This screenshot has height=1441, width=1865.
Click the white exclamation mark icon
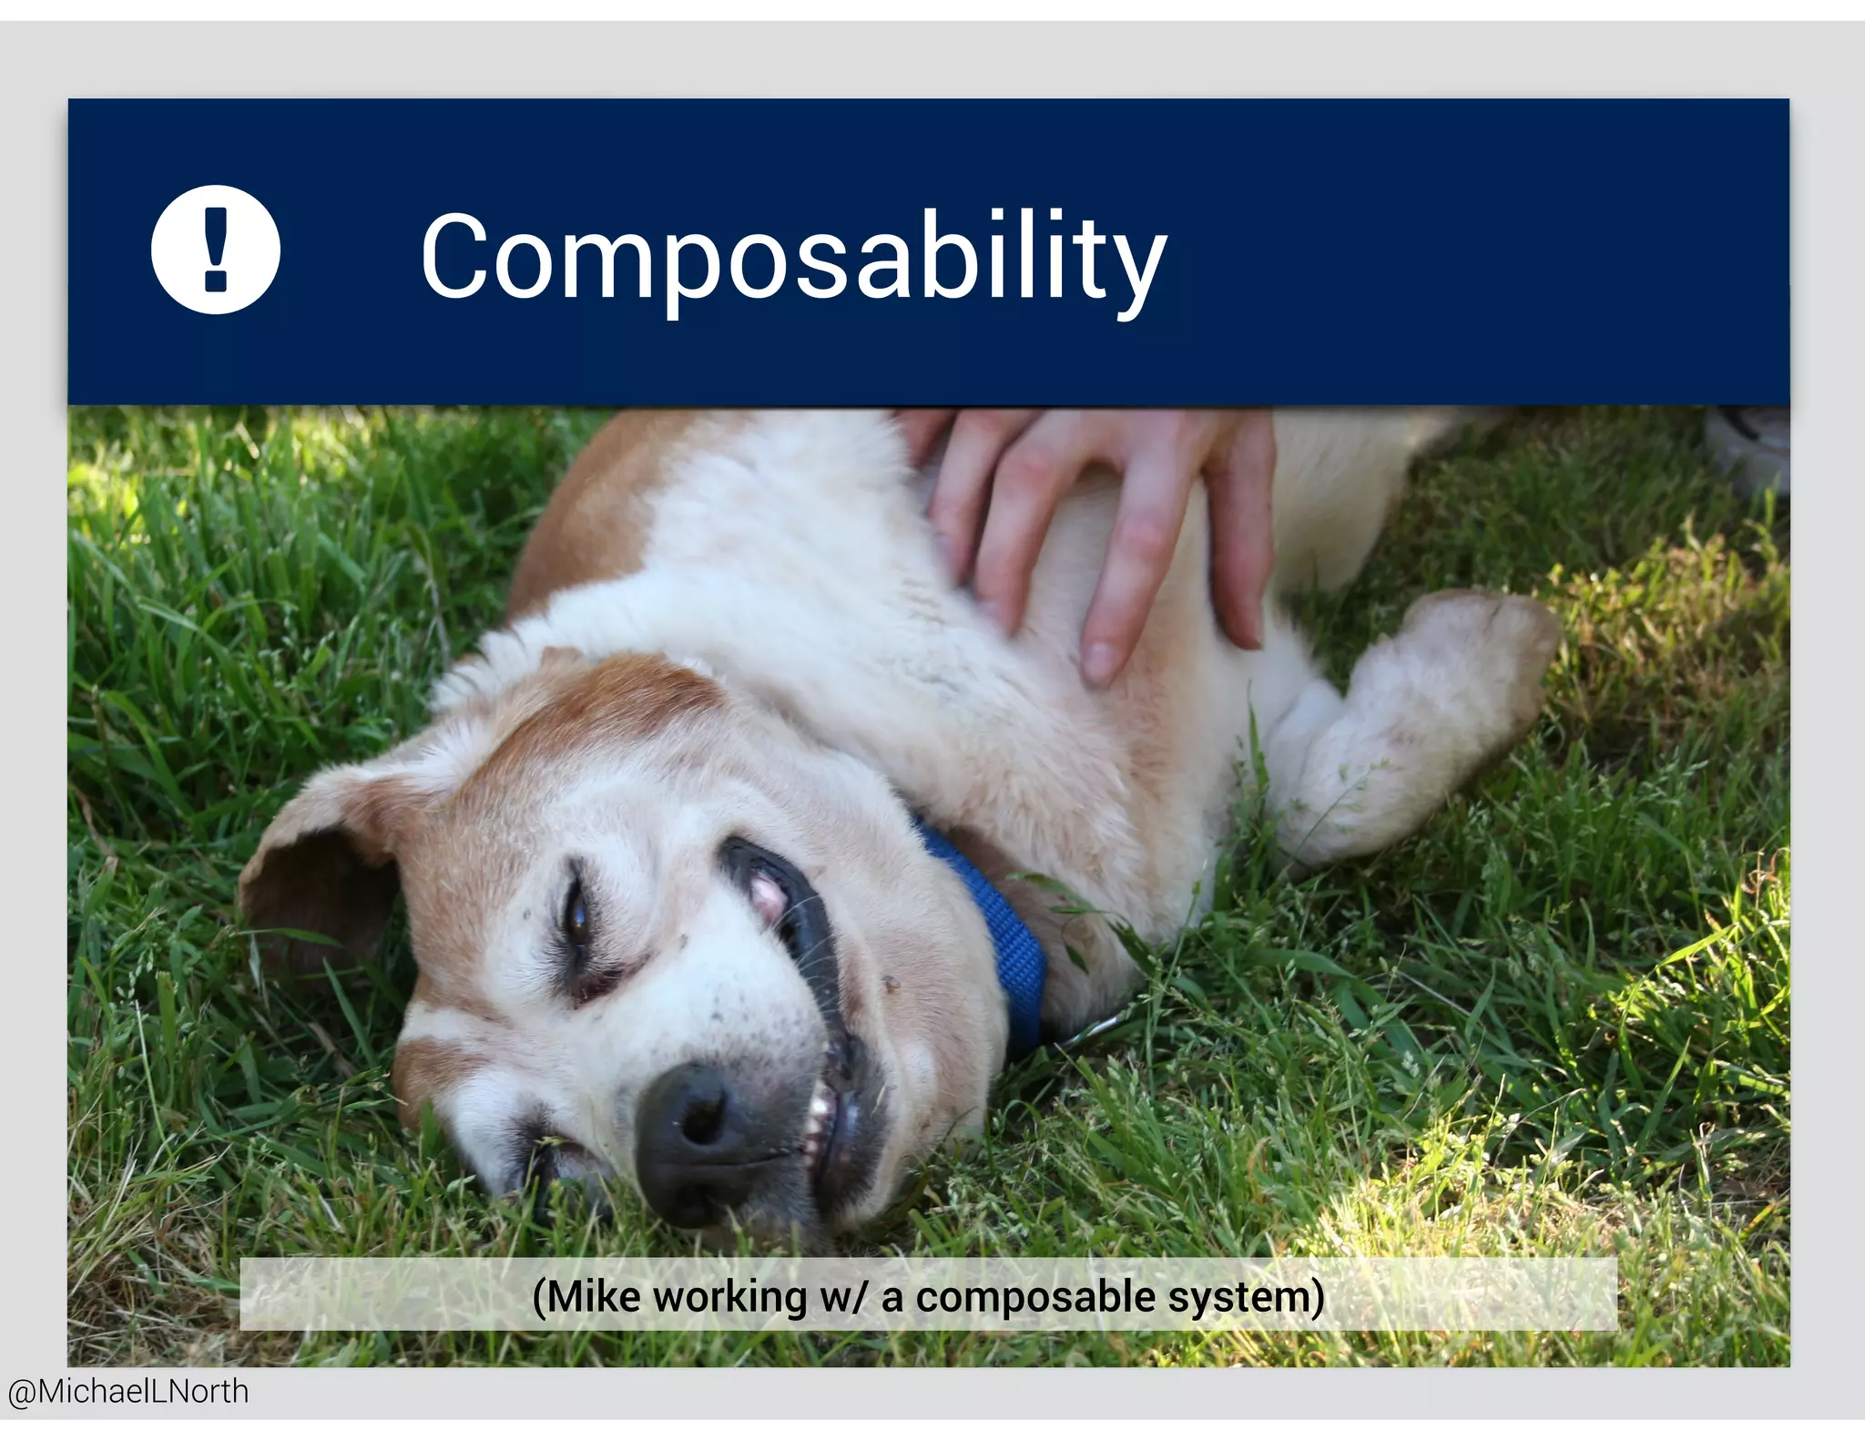pyautogui.click(x=216, y=249)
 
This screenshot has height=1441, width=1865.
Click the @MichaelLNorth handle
pyautogui.click(x=128, y=1392)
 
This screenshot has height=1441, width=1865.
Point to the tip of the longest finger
pyautogui.click(x=1098, y=659)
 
